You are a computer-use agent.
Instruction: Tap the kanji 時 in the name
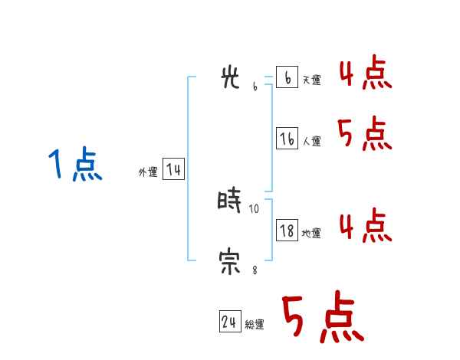230,201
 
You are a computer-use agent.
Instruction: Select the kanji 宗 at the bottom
230,263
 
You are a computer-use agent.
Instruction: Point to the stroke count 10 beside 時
255,208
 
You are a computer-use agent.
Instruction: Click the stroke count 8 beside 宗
255,270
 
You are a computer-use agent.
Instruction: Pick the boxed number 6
287,78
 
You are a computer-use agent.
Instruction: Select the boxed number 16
287,139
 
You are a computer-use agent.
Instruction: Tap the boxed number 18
287,231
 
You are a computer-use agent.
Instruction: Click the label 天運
311,80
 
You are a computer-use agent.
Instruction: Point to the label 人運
311,142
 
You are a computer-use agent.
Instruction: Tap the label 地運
311,234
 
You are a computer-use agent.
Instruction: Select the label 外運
147,173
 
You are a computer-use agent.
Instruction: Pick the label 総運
255,326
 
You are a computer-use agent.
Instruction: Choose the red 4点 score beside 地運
365,226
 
